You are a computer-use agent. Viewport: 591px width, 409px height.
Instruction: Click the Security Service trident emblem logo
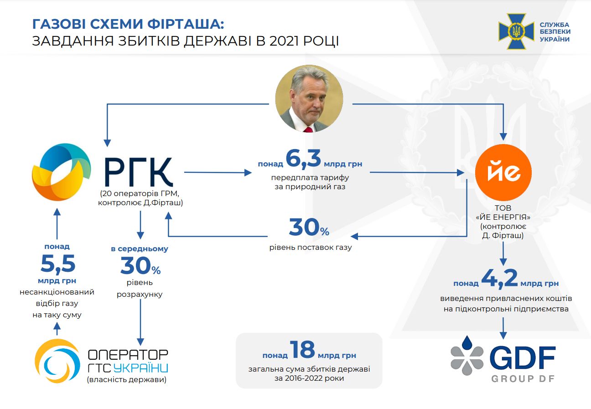516,31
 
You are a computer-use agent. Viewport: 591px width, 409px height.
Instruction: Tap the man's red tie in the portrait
309,129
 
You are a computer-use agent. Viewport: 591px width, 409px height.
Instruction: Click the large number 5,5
58,264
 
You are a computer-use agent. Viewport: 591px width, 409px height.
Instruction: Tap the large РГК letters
139,173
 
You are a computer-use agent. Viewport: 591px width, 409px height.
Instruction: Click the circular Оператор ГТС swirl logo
57,361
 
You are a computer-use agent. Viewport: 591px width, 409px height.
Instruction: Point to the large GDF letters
523,359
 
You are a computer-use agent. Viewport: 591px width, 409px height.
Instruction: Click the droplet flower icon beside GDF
467,356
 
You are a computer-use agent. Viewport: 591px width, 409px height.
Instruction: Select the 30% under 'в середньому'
140,266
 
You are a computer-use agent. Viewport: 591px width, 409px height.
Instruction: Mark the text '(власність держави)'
127,379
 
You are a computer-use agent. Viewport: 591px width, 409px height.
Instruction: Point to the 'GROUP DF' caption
523,379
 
